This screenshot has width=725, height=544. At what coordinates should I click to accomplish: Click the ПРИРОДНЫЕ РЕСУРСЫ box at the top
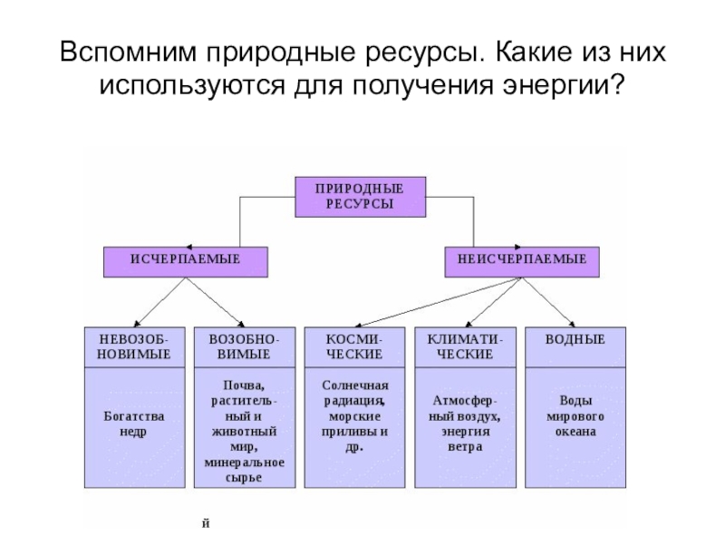pos(360,196)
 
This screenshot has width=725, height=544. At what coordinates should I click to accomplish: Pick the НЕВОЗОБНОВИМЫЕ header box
pos(135,346)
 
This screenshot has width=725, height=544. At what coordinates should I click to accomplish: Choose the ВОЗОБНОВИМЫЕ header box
pos(246,346)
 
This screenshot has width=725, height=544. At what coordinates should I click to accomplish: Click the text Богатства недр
pos(135,423)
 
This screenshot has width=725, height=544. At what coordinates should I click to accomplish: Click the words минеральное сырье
pos(246,470)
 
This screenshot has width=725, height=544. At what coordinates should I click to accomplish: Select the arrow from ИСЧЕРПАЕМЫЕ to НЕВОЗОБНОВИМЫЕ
pos(159,302)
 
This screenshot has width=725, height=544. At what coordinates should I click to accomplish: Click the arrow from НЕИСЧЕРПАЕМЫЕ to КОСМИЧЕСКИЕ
pos(426,302)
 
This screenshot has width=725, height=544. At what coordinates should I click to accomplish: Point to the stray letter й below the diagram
pos(207,524)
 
